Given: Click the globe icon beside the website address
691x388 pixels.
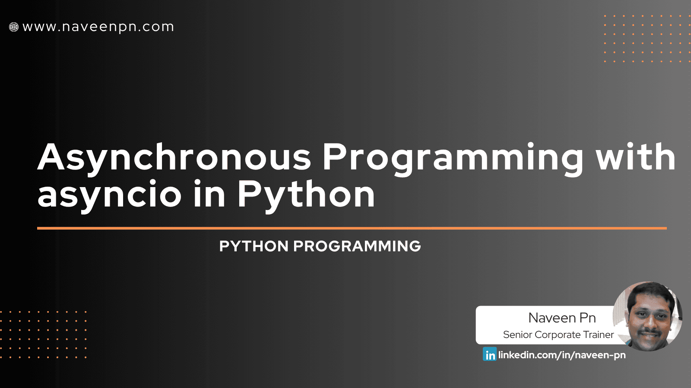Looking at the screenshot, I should [14, 27].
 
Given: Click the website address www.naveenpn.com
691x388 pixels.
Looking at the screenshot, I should [98, 27].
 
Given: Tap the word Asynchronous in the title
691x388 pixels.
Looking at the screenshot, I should [174, 157].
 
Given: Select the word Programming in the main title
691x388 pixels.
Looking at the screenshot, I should [453, 158].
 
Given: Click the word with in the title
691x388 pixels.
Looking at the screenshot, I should [636, 157].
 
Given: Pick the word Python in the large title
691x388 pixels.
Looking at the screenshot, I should [306, 195].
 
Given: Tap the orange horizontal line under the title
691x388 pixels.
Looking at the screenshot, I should [352, 228].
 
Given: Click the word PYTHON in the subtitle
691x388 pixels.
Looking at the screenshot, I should [254, 246].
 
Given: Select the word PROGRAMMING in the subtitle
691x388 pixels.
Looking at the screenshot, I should [357, 246].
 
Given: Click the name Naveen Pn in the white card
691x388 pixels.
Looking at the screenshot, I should [562, 318].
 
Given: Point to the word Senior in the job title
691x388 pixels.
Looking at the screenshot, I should [517, 335].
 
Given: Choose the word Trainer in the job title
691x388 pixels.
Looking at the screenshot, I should [598, 335].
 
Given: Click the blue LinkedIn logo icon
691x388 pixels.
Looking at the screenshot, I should [490, 354].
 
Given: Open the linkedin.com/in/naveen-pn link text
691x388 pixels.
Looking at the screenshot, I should [562, 355].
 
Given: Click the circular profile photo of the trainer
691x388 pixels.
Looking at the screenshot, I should [648, 316].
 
